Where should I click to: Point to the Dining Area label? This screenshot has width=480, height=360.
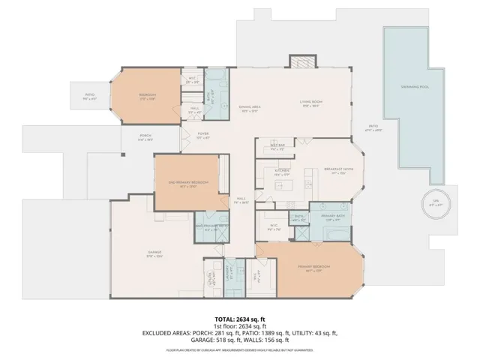pyautogui.click(x=250, y=109)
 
